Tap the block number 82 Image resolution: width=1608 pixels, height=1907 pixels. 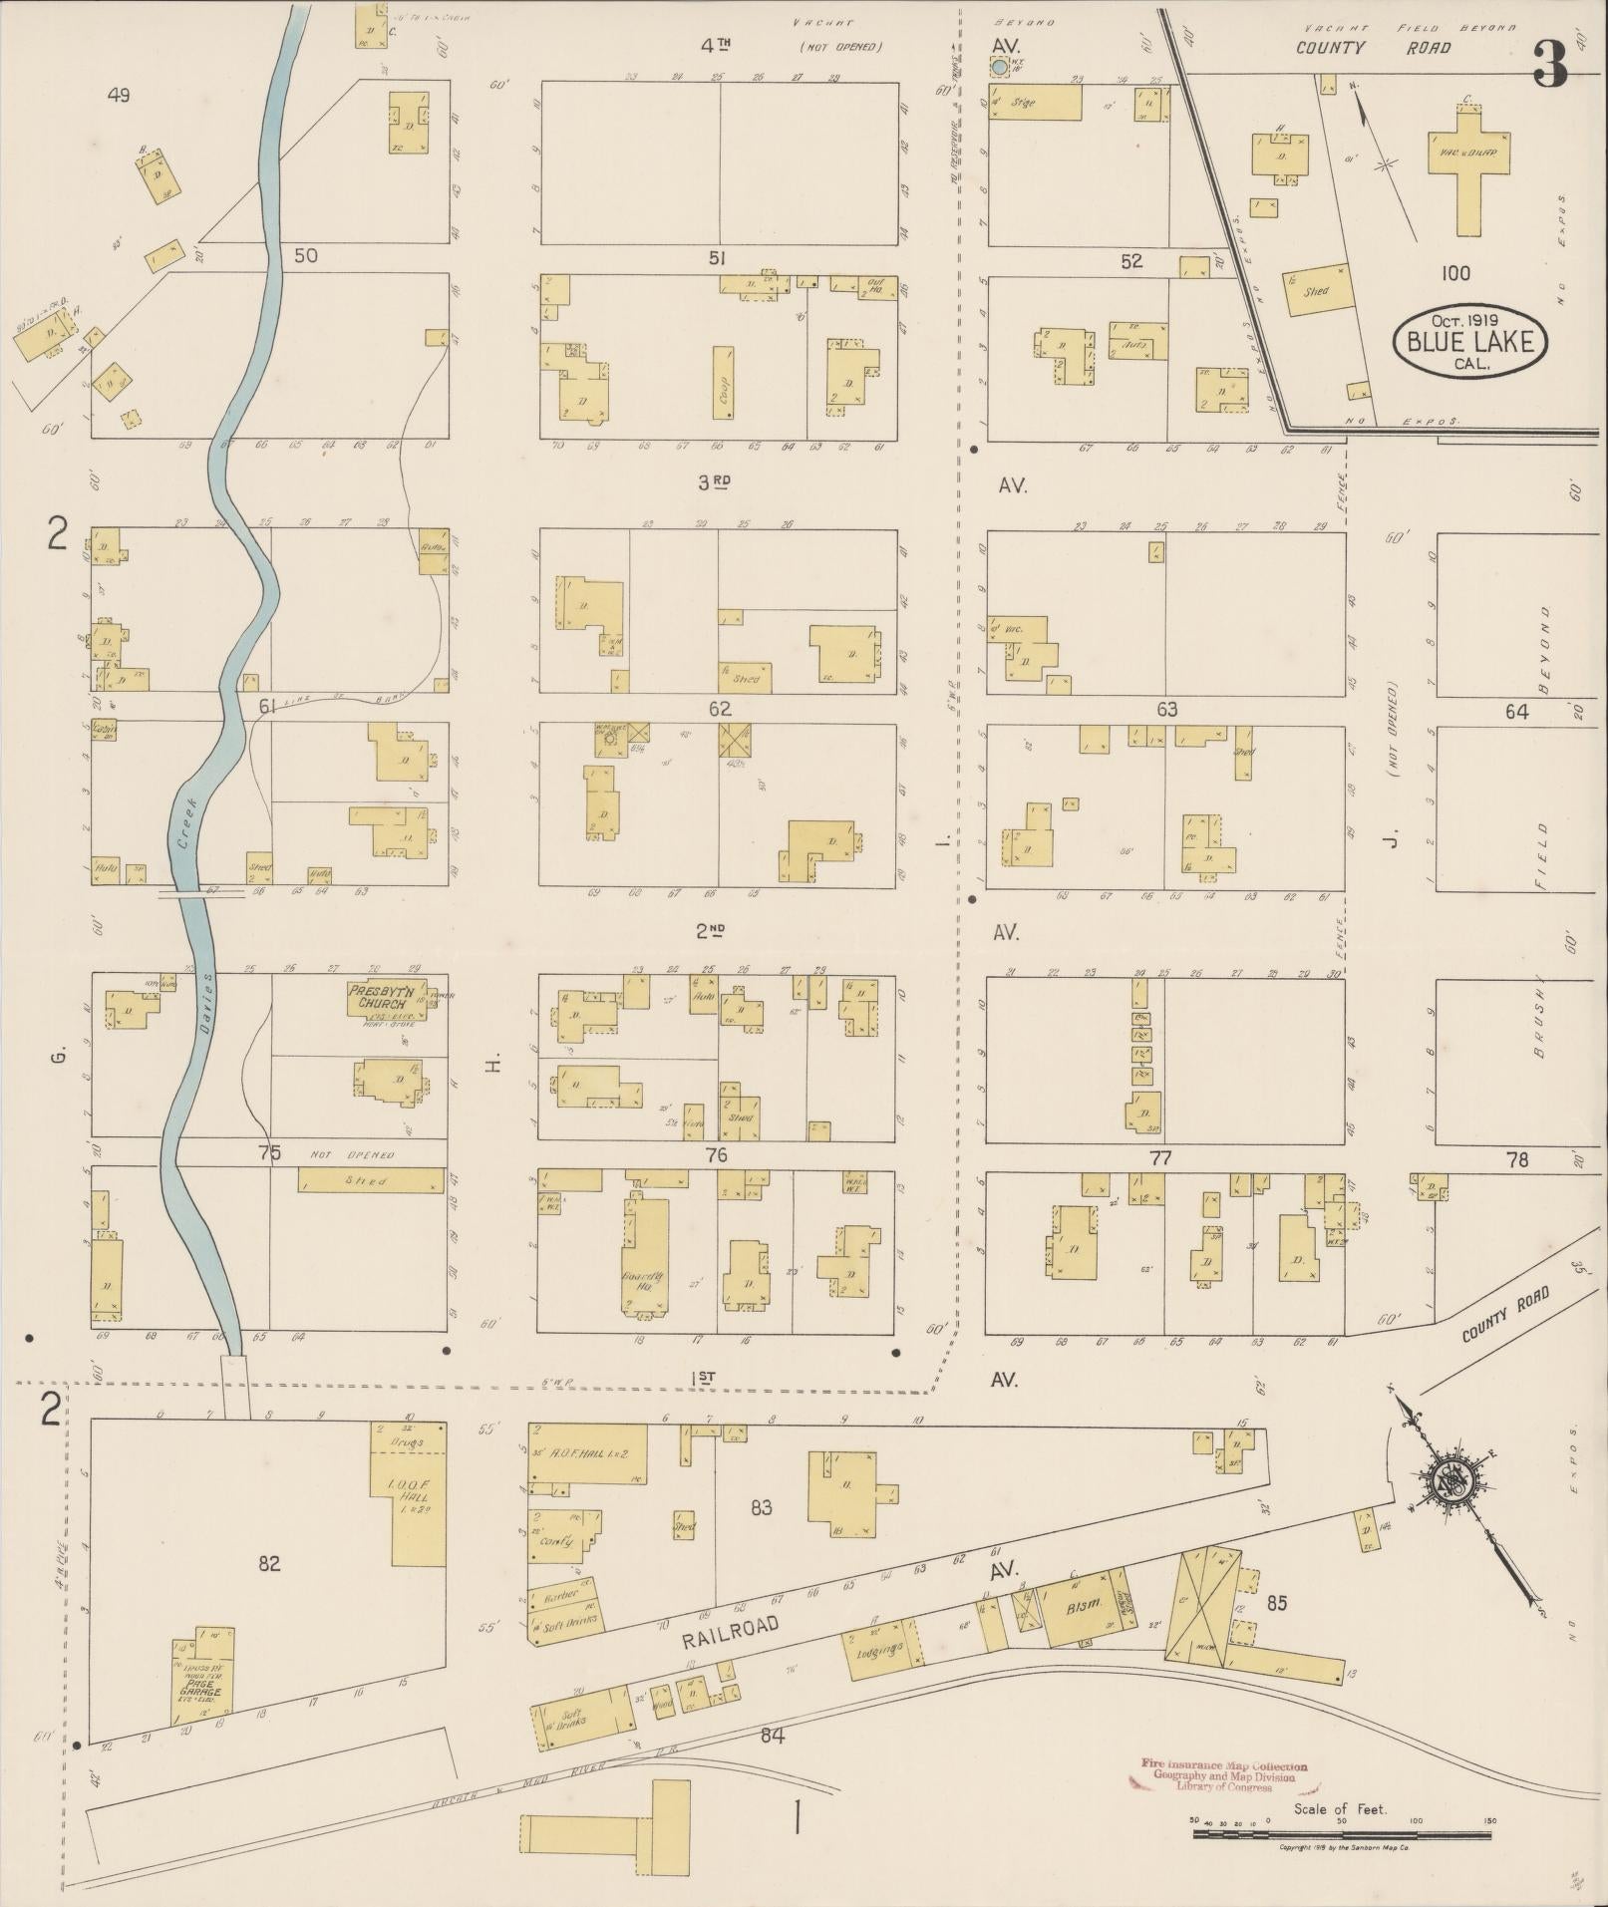click(268, 1563)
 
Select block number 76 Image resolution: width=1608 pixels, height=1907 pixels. click(716, 1155)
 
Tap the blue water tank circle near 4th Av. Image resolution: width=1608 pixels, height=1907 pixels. click(999, 67)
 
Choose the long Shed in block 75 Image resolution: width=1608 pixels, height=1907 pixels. click(371, 1180)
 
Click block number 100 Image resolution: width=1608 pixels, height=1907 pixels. click(1455, 273)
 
